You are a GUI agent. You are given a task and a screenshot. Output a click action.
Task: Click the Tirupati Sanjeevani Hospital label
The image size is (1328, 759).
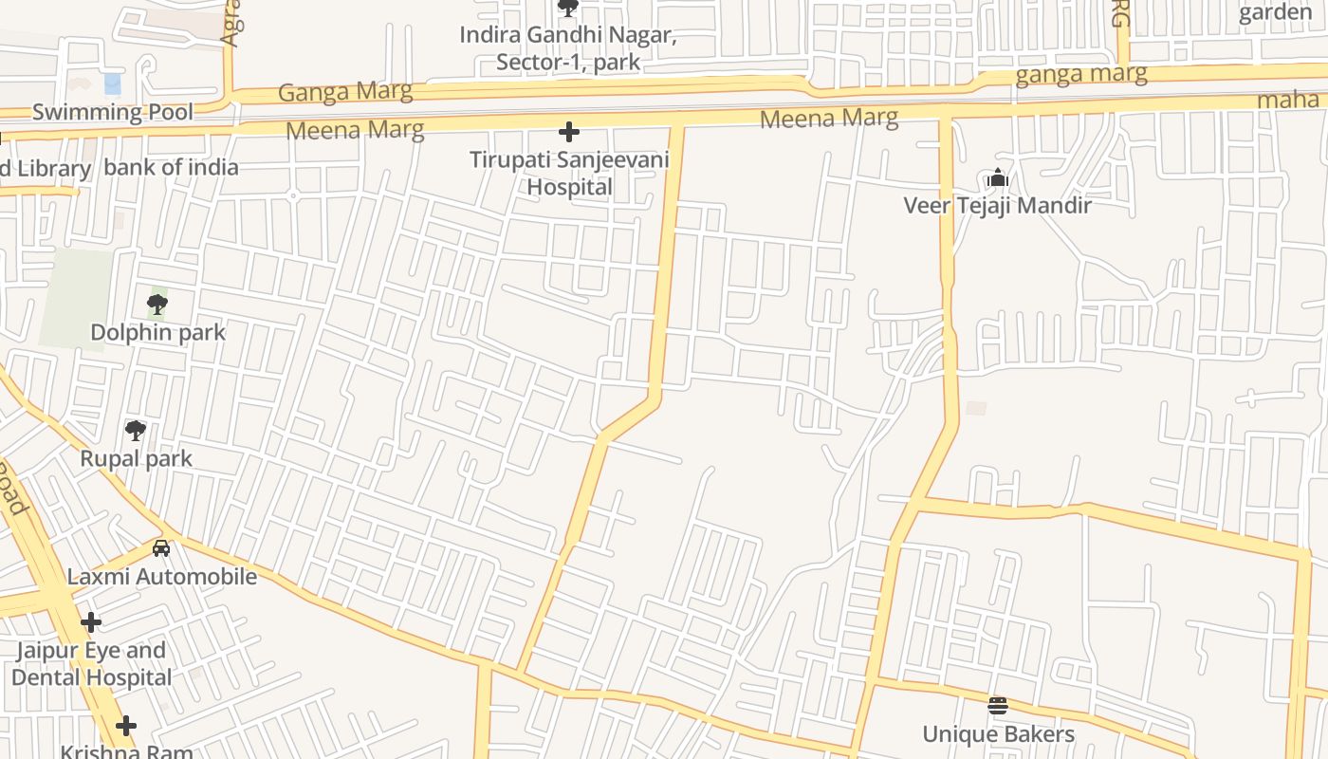[x=569, y=174]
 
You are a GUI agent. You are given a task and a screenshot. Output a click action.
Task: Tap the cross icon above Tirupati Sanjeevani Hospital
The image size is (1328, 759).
[x=569, y=132]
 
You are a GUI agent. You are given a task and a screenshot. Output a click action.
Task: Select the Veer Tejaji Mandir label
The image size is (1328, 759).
[x=997, y=205]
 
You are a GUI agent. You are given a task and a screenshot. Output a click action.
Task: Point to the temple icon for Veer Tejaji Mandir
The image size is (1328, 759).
[x=997, y=177]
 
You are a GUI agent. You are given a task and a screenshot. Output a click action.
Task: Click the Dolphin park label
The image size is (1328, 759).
[x=158, y=332]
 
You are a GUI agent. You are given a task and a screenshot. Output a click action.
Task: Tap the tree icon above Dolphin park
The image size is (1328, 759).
[x=157, y=305]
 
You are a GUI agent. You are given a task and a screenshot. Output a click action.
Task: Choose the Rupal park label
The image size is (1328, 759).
[x=136, y=458]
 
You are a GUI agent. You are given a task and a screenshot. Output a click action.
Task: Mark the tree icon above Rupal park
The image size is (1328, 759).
[x=136, y=431]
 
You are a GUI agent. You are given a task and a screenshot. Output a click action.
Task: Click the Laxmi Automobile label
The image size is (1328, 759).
[x=161, y=577]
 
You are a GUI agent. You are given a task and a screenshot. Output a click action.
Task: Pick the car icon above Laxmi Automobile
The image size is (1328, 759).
[x=161, y=548]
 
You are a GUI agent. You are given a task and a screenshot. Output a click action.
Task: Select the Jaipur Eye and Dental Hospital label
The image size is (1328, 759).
[x=91, y=664]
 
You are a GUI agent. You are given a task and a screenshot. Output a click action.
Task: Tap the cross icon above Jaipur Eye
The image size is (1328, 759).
[x=91, y=622]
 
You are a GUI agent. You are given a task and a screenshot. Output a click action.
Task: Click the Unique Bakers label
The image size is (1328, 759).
[x=998, y=734]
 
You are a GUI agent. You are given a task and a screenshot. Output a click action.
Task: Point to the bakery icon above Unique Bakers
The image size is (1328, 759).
[x=997, y=705]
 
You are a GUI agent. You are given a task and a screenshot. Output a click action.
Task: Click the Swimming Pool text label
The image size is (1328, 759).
[x=113, y=112]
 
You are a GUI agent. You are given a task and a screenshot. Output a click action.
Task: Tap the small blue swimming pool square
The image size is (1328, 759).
[x=113, y=83]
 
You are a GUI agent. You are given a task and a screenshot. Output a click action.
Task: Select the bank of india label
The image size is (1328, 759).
[x=171, y=168]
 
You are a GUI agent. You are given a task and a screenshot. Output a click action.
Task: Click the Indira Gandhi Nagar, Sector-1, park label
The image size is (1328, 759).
[x=567, y=49]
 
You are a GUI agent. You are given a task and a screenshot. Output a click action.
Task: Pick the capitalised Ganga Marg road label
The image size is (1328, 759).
[x=345, y=92]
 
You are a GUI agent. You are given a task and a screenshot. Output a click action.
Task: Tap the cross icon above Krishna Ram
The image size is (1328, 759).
[x=126, y=727]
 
